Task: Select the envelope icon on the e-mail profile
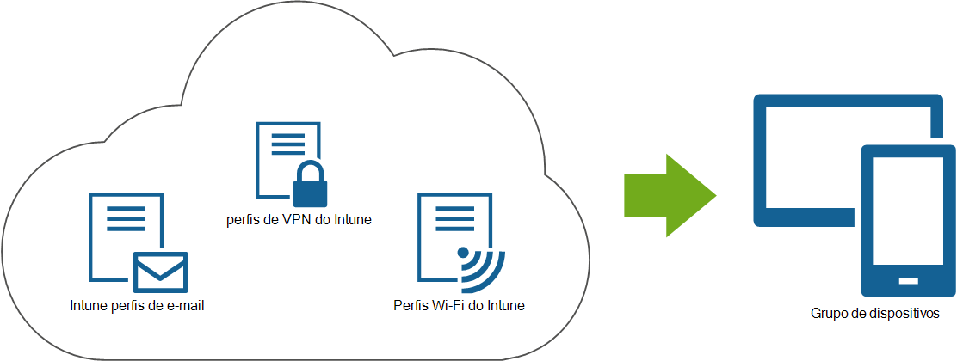[x=160, y=272]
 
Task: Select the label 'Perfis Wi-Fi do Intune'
[x=459, y=305]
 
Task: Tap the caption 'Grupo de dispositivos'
[x=873, y=314]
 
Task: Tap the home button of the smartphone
[x=909, y=281]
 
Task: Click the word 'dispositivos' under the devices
[x=902, y=314]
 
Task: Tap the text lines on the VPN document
[x=287, y=144]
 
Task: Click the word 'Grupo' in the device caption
[x=828, y=314]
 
